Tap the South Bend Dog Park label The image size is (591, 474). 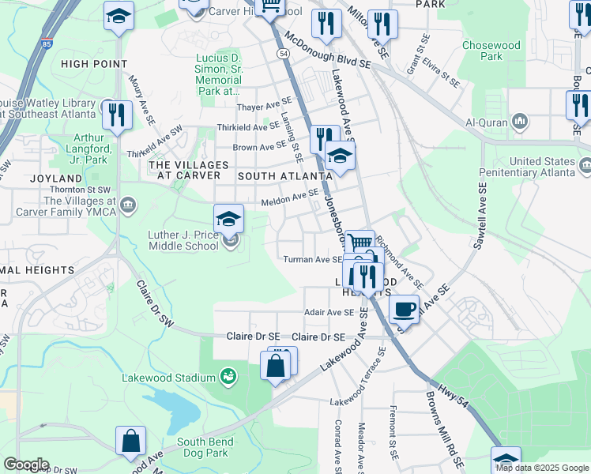202,447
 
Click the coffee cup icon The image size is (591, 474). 404,308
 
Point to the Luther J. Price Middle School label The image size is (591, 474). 183,240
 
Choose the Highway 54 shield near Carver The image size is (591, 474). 282,52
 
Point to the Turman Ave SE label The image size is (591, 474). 313,259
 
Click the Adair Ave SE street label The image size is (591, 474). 330,312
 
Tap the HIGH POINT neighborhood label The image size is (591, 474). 93,64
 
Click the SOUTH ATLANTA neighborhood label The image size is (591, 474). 284,175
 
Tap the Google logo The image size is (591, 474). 26,465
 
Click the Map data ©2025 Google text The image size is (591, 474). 542,468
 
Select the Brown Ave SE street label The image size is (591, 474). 259,146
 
